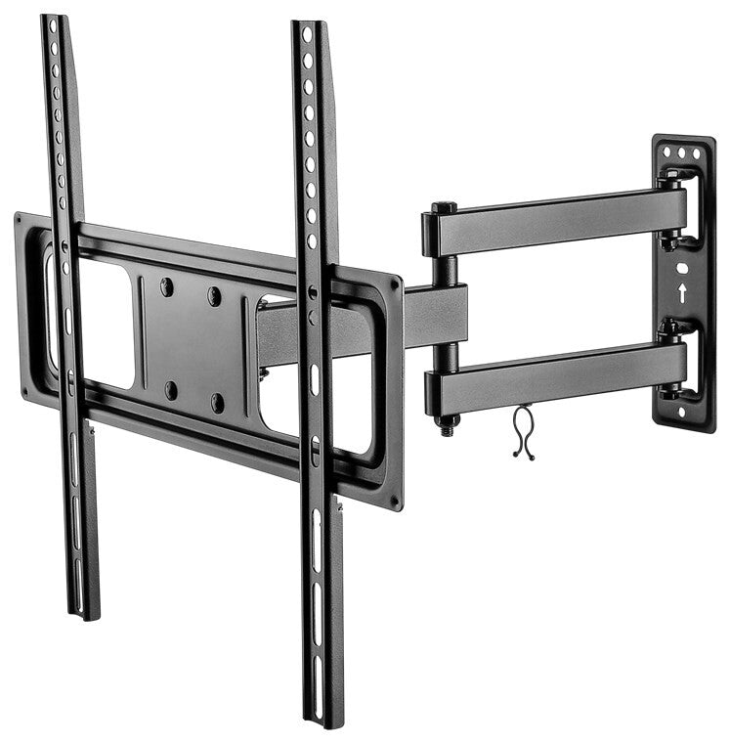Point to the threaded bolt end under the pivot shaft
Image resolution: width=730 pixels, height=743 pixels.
click(450, 426)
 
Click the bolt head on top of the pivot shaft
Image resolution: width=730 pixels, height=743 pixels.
click(443, 207)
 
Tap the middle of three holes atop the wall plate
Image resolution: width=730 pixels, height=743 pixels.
click(681, 153)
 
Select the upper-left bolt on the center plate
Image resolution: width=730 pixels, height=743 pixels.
click(166, 286)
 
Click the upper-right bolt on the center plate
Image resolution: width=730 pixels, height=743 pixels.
click(214, 295)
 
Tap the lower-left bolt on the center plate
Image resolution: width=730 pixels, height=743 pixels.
click(171, 389)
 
